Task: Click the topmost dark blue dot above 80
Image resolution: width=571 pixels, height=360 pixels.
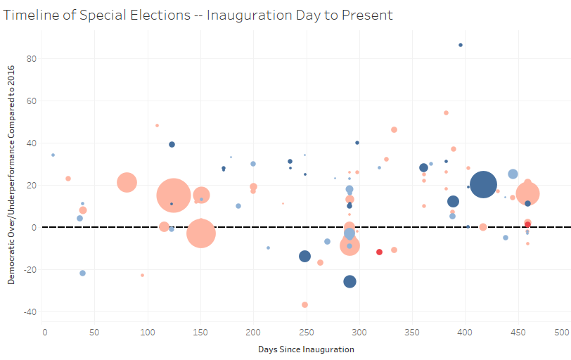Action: click(461, 45)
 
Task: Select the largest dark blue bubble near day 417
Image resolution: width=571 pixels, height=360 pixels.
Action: click(483, 185)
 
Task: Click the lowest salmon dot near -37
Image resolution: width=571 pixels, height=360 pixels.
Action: click(304, 304)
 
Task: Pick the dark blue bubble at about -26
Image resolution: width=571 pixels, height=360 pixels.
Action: click(349, 281)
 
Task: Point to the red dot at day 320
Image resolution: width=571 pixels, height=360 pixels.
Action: click(379, 252)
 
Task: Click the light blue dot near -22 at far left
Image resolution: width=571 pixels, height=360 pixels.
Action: click(82, 273)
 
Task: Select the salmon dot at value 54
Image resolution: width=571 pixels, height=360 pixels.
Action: click(446, 112)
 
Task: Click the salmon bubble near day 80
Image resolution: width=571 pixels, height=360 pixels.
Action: click(127, 183)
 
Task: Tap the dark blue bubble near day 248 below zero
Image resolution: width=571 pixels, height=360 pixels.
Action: click(304, 256)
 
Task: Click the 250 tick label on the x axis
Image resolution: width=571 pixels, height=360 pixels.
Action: click(306, 331)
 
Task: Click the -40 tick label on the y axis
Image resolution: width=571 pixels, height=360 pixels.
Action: click(29, 311)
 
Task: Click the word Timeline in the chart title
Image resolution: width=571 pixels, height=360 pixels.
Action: click(27, 15)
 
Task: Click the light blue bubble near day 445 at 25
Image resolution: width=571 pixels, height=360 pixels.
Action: click(513, 174)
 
